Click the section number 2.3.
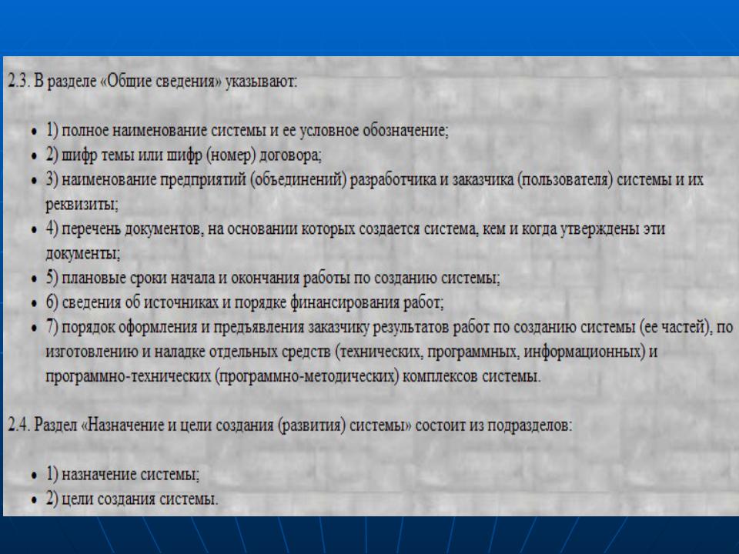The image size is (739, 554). click(18, 82)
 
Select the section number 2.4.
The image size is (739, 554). click(19, 426)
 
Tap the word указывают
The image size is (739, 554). click(261, 82)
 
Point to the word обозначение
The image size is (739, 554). click(405, 131)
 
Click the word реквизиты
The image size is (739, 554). click(82, 205)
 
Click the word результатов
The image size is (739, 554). click(410, 328)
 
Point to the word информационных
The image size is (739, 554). click(584, 352)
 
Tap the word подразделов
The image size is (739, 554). click(530, 426)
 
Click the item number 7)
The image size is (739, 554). click(52, 328)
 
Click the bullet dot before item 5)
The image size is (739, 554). click(34, 279)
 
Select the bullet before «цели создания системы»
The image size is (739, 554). click(34, 500)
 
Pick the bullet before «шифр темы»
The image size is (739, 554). click(34, 156)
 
